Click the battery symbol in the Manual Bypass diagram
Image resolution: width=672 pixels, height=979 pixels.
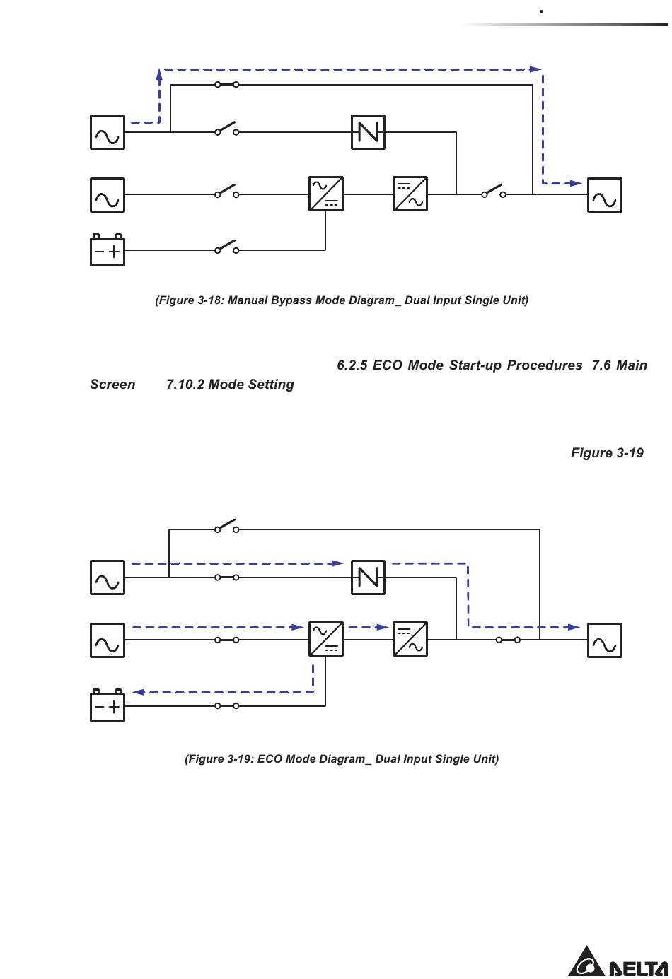point(108,250)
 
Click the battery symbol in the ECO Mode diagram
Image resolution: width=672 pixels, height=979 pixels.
point(108,705)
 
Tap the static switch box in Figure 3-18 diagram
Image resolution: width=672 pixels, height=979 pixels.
point(368,132)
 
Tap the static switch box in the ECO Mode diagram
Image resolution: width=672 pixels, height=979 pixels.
point(368,578)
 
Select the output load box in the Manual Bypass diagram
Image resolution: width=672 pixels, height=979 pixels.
point(604,195)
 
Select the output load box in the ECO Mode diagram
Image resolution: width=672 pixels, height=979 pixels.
point(604,640)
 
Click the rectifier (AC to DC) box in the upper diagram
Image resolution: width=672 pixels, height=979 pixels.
point(326,194)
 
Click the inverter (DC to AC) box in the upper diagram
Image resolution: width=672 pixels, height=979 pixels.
point(410,194)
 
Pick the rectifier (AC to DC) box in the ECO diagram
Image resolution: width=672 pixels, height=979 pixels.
point(326,639)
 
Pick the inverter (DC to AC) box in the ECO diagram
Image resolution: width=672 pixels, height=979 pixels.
point(410,639)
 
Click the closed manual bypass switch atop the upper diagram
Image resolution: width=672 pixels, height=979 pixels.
point(226,84)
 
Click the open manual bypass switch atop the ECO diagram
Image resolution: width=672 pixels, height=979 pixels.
point(226,526)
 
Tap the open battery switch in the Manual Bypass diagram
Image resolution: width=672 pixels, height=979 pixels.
point(226,247)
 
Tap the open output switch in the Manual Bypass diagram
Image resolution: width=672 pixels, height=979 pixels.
point(494,191)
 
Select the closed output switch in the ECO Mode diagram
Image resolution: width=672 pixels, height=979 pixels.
point(508,640)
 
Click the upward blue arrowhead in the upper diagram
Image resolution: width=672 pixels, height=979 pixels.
point(159,74)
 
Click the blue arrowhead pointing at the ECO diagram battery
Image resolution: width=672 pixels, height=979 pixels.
point(138,692)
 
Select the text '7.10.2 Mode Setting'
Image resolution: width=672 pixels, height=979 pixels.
point(230,384)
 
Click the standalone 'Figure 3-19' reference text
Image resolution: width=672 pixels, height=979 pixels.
point(607,453)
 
